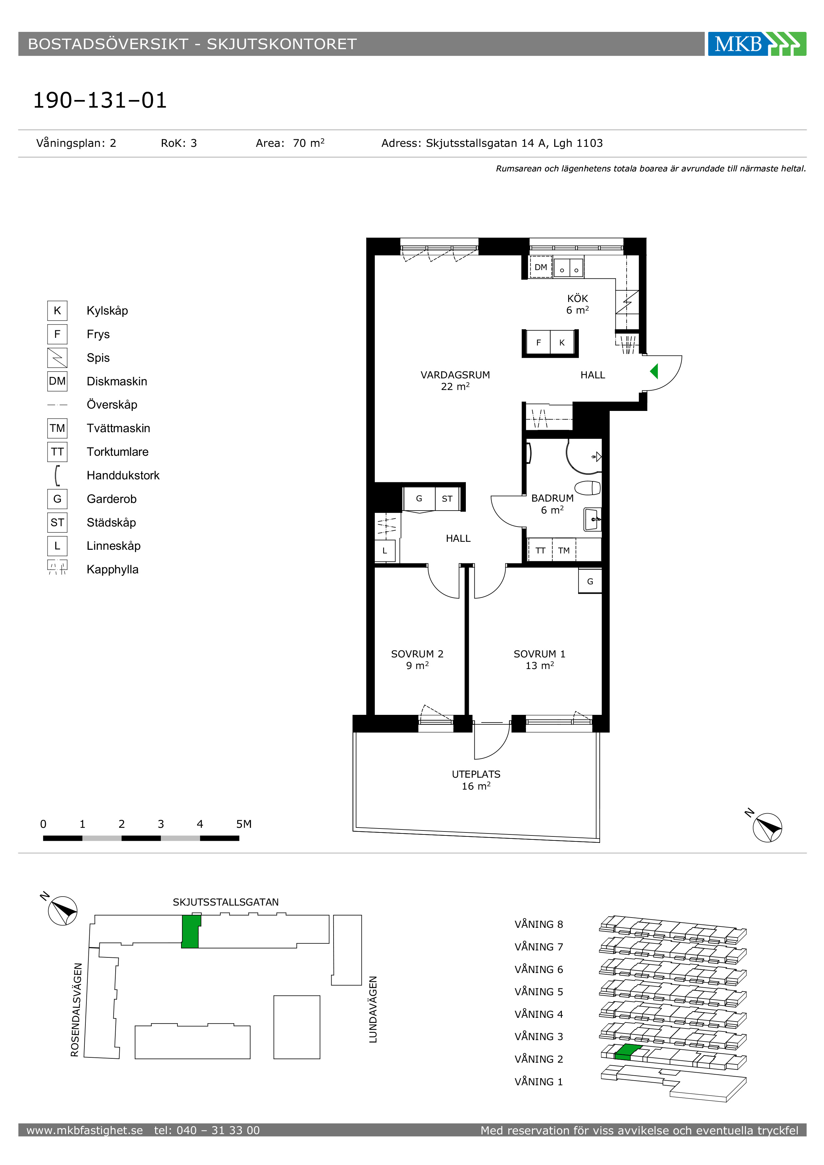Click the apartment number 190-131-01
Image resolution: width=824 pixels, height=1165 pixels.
click(100, 100)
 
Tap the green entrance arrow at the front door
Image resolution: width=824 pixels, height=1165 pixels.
click(654, 371)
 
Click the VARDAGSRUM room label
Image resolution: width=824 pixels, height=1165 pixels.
click(455, 375)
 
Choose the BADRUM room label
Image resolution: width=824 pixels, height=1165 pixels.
click(553, 498)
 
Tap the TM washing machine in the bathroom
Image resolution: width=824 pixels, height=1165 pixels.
click(564, 550)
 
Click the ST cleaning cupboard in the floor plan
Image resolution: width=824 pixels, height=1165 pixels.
click(447, 499)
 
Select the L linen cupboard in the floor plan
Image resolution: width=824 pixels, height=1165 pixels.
click(385, 550)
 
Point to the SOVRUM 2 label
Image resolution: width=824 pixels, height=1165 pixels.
click(417, 654)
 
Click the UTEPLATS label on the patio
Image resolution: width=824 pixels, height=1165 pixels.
click(476, 774)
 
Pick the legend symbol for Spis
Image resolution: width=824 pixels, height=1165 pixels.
click(57, 358)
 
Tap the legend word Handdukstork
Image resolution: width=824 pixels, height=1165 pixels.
click(123, 475)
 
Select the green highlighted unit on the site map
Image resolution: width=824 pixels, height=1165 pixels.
click(191, 931)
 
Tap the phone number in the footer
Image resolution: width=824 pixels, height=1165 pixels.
click(207, 1130)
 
